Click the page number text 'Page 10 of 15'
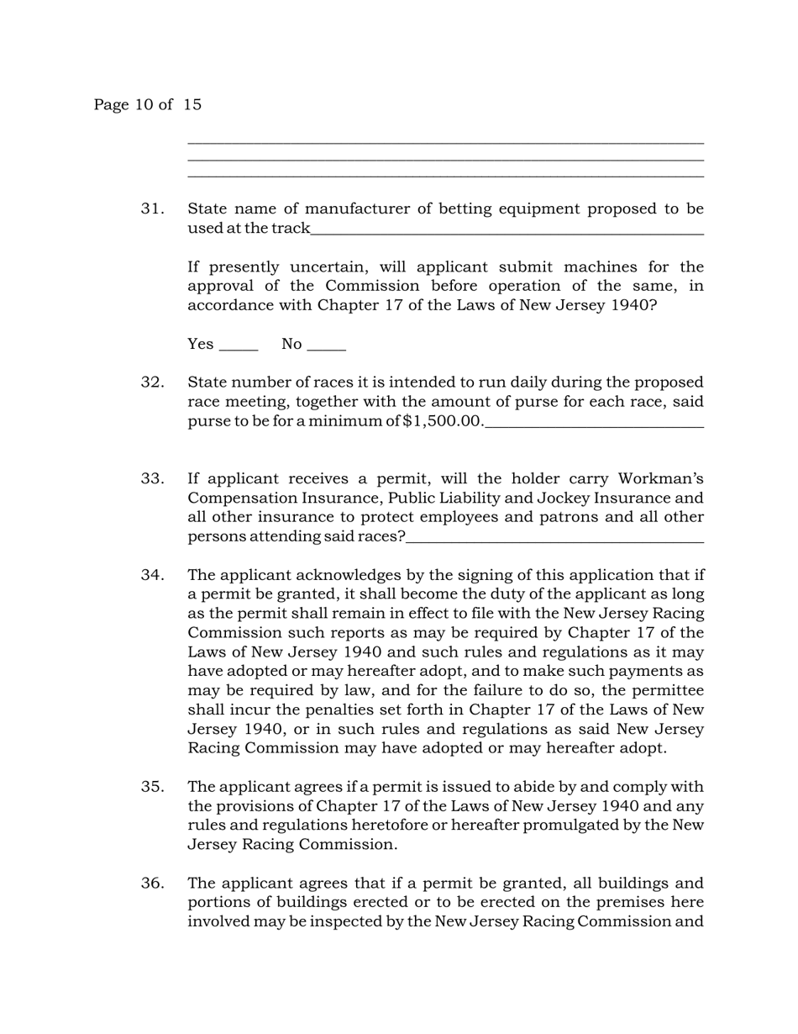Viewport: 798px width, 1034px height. (147, 105)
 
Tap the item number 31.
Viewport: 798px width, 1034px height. (152, 208)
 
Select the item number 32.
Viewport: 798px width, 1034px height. (152, 382)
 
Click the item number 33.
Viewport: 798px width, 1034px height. (152, 478)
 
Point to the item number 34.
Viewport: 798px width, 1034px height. (152, 575)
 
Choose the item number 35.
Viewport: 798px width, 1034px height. (152, 787)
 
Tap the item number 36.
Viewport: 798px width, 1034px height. (152, 883)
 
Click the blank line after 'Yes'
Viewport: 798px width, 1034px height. (238, 348)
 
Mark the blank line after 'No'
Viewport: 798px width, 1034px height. (327, 348)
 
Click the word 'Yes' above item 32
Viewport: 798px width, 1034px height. (201, 344)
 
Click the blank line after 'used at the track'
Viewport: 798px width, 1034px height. (507, 233)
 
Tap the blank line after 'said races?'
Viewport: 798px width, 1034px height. (554, 541)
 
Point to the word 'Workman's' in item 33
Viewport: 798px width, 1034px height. (660, 478)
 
